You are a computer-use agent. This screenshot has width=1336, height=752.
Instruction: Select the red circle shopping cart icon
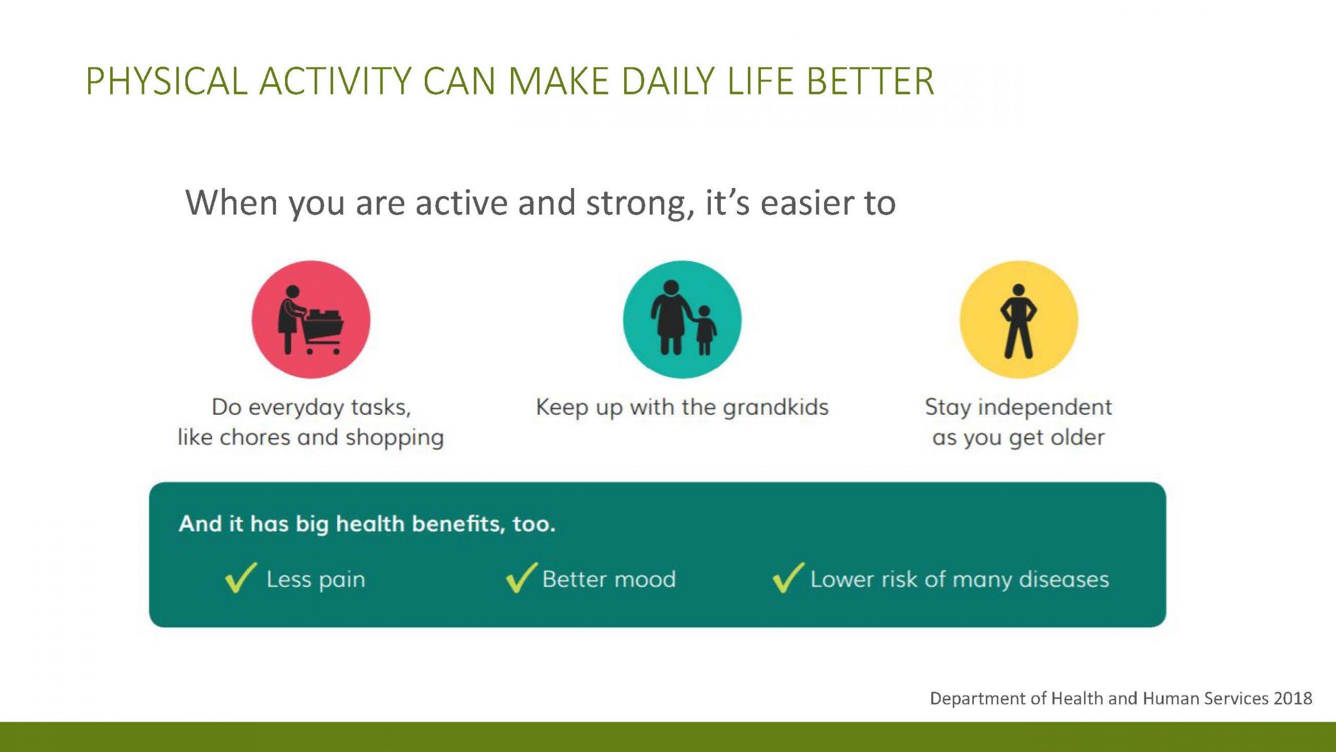311,320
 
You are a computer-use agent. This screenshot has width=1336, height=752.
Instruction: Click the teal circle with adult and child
682,320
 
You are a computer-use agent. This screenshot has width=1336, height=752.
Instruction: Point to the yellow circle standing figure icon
1019,320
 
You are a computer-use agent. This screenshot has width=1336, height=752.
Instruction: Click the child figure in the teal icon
705,330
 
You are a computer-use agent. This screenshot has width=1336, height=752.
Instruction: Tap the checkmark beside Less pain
241,578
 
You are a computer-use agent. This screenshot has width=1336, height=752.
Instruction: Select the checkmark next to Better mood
521,578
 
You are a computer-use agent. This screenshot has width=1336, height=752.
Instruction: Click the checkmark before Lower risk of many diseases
788,578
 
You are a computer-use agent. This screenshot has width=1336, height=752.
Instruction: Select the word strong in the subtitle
641,204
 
